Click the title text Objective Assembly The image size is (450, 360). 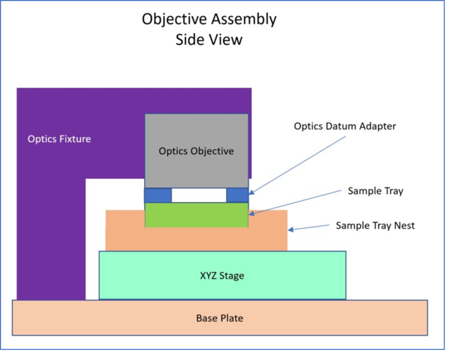209,19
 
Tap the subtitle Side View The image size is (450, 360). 209,40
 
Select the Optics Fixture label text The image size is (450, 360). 59,139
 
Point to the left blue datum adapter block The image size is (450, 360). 158,195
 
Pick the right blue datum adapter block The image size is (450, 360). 237,195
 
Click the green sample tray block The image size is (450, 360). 196,215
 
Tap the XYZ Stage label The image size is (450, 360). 222,276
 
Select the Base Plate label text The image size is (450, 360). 219,318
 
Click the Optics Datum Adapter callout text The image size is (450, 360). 345,126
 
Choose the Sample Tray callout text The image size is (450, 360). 376,191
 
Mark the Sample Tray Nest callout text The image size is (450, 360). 375,225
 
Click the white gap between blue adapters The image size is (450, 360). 199,195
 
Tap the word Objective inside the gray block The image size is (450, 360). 210,151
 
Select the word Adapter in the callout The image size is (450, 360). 378,126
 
